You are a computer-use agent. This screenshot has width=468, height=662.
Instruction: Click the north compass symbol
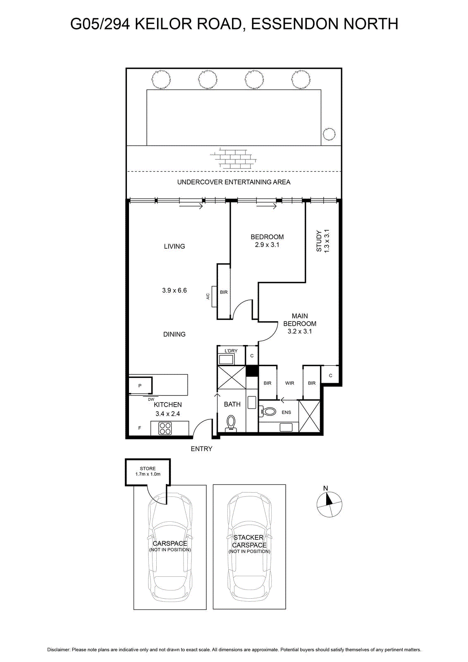click(x=329, y=504)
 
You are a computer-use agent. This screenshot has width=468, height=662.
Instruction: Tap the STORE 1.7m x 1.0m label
click(x=148, y=471)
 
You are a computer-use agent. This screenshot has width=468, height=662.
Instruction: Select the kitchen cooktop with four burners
click(x=165, y=428)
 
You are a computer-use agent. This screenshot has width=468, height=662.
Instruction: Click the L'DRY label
click(x=231, y=351)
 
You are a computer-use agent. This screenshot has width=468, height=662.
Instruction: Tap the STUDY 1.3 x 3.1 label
click(x=322, y=241)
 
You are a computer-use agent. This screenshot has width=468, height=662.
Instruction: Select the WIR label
click(x=290, y=383)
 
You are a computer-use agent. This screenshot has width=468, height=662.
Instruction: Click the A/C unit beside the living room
click(x=214, y=296)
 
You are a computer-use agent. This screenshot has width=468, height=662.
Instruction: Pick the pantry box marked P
click(x=140, y=386)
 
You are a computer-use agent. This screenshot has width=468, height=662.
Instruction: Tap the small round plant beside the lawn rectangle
click(x=329, y=134)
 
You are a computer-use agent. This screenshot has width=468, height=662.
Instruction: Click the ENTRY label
click(x=201, y=449)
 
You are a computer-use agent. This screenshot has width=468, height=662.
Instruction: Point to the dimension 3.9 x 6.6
click(x=174, y=290)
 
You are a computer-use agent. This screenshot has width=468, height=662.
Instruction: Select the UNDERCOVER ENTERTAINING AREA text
click(x=234, y=182)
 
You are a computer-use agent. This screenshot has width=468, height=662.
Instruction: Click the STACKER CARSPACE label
click(x=249, y=541)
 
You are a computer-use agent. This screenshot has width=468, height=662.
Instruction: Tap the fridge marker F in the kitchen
click(x=140, y=428)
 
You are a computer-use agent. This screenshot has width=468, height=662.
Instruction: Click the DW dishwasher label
click(x=151, y=400)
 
